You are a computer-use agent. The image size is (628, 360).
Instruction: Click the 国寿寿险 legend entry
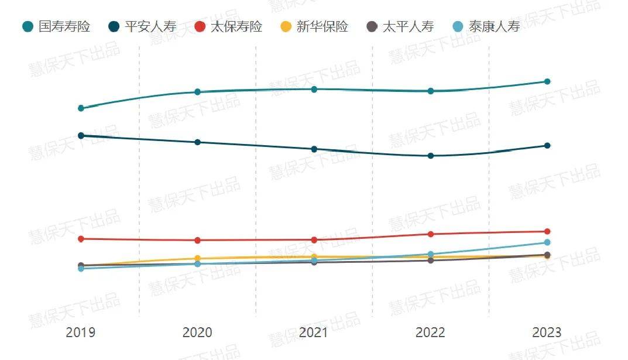coord(57,26)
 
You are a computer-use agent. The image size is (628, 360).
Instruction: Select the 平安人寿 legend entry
coord(143,26)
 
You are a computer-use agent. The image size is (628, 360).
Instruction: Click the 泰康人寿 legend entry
coord(486,26)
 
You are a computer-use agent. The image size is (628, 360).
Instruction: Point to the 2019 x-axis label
coord(81,332)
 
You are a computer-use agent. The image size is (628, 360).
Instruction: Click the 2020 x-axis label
coord(197,332)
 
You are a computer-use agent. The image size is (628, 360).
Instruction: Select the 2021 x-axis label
coord(314,332)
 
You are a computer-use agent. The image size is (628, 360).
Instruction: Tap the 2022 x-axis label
coord(430,332)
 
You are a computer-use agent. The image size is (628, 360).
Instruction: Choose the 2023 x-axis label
coord(547,332)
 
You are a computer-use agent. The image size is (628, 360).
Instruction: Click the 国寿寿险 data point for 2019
coord(81,108)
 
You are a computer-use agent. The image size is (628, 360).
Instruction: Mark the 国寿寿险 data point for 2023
coord(547,81)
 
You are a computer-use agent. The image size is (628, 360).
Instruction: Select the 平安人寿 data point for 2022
coord(431,156)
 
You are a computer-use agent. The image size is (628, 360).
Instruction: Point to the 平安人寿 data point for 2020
coord(197,142)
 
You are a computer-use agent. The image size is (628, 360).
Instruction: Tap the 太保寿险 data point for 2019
coord(81,239)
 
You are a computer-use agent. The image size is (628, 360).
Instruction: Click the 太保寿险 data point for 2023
coord(547,232)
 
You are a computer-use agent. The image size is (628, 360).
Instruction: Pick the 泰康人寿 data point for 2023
coord(547,242)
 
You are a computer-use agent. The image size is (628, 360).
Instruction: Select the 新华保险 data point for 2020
coord(197,258)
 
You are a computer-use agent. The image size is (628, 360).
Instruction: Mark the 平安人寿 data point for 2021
coord(314,149)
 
